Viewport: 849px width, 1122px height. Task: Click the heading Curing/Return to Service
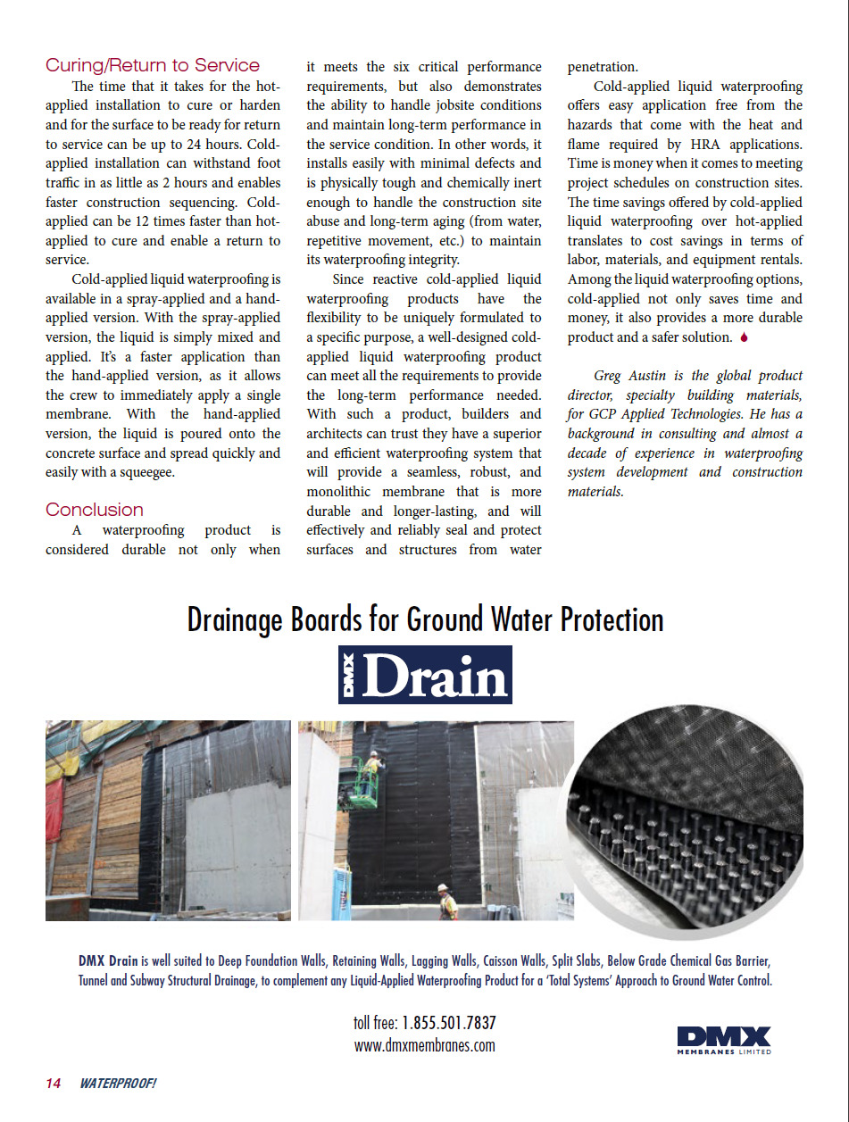tap(153, 65)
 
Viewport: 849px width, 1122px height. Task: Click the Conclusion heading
tap(95, 510)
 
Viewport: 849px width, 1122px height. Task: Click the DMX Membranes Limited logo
tap(723, 1040)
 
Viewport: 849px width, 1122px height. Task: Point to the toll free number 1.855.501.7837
tap(449, 1023)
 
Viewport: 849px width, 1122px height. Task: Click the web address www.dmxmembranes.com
tap(424, 1045)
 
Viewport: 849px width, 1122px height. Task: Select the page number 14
tap(54, 1084)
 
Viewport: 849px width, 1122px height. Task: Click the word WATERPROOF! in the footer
tap(118, 1084)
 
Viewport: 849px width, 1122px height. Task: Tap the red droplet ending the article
tap(744, 337)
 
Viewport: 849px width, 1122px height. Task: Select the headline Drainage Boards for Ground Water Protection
tap(425, 619)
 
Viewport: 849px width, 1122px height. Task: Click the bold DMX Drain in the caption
tap(108, 961)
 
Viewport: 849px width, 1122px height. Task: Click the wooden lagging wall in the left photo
tap(89, 830)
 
